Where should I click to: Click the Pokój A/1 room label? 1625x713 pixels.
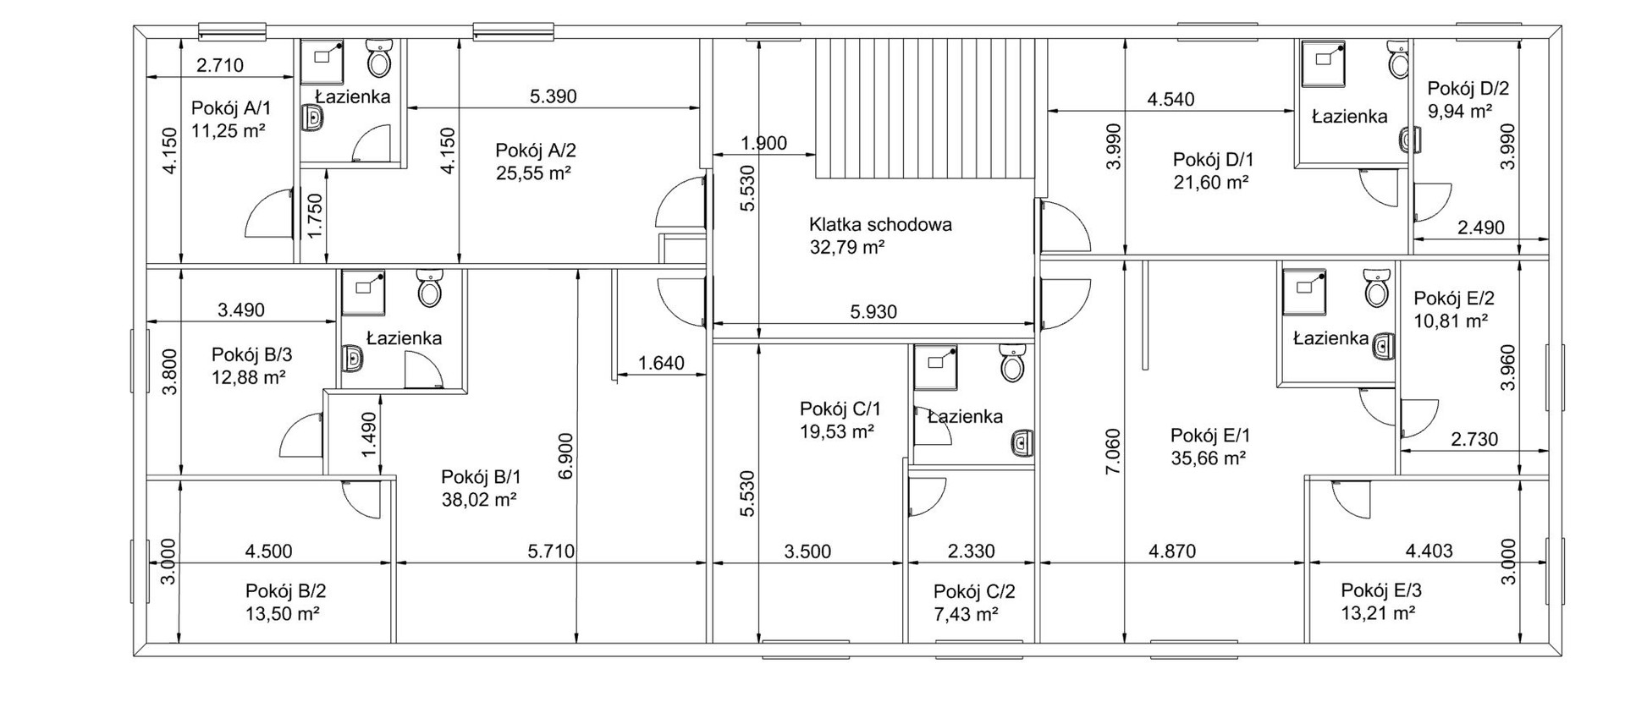coord(231,108)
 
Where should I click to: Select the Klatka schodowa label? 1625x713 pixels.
coord(880,225)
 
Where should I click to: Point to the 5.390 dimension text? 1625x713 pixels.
coord(553,96)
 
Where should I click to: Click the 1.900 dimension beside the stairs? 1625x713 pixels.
coord(763,144)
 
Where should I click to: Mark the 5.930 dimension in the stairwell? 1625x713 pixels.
coord(873,312)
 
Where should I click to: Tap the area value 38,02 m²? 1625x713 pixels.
coord(479,500)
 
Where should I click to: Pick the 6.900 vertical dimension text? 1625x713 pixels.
coord(566,457)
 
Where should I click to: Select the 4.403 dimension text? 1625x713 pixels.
coord(1429,551)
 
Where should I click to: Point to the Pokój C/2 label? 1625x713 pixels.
coord(974,592)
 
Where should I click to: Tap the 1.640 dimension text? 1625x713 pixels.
coord(661,364)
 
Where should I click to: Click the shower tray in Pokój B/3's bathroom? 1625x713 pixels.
coord(364,292)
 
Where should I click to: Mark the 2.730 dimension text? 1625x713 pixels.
coord(1474,440)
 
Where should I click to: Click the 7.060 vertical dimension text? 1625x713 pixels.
coord(1113,452)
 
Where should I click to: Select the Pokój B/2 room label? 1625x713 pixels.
coord(286,590)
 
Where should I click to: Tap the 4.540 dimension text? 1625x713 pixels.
coord(1171,100)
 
